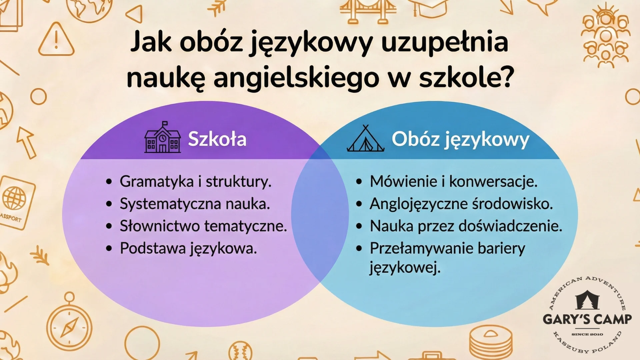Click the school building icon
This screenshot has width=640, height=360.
point(162,138)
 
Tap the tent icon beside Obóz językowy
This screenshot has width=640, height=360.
point(366,139)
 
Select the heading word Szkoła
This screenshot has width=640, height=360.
point(217,139)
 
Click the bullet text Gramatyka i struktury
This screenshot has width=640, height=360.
point(195,182)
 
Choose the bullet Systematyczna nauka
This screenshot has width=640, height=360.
point(195,204)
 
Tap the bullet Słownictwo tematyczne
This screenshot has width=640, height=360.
point(203,226)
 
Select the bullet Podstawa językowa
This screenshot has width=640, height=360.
point(188,248)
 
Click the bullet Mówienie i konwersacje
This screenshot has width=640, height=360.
point(453,182)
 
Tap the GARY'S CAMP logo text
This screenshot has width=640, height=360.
point(587,319)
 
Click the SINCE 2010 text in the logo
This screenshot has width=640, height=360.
point(587,334)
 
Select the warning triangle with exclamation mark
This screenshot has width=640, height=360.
point(56,40)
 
